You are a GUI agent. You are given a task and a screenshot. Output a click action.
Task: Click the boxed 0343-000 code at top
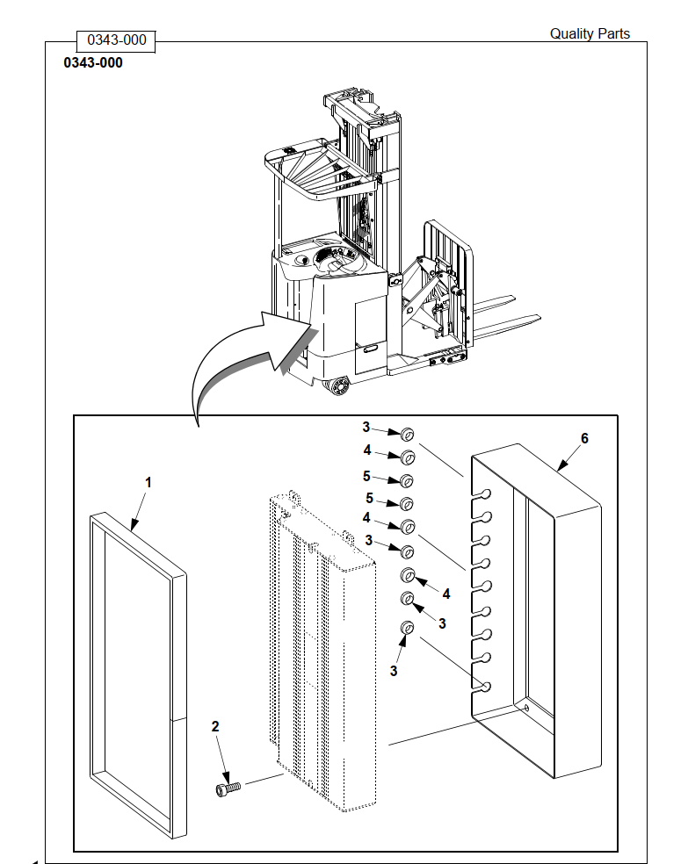(x=116, y=40)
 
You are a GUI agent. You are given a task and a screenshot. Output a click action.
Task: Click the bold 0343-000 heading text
(x=93, y=63)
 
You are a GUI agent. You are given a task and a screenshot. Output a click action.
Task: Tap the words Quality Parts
(x=590, y=33)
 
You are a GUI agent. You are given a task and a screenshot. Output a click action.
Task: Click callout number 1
(x=148, y=483)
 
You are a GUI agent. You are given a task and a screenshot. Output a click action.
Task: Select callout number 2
(x=215, y=726)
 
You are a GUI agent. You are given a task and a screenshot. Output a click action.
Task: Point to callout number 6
(x=584, y=439)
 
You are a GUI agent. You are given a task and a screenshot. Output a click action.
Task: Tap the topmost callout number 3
(x=366, y=427)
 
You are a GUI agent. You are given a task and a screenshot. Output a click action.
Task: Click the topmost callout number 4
(x=367, y=450)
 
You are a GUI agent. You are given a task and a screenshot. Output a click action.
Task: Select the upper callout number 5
(x=366, y=476)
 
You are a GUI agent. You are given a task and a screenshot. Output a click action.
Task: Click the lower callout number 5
(x=369, y=498)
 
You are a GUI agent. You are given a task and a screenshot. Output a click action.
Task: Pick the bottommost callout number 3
(x=394, y=671)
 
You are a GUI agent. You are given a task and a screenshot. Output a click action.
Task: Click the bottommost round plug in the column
(x=407, y=628)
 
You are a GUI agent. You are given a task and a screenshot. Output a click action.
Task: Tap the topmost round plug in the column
(x=408, y=435)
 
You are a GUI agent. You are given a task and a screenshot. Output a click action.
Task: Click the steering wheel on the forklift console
(x=337, y=258)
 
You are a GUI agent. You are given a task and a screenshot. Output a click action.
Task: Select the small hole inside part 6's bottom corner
(x=526, y=708)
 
